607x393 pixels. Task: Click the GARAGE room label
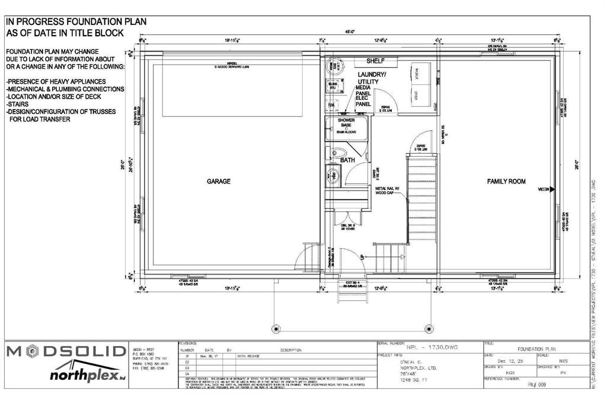point(218,181)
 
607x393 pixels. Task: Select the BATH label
point(347,160)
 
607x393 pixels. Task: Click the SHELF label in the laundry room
point(376,61)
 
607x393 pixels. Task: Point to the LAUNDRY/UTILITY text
point(372,78)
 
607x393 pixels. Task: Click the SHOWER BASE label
point(346,123)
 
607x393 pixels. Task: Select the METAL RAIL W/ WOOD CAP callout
point(388,191)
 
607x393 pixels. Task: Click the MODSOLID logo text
point(66,351)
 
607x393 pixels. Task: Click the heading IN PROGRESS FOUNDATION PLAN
point(76,22)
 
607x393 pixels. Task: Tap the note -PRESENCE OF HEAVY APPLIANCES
point(56,81)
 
